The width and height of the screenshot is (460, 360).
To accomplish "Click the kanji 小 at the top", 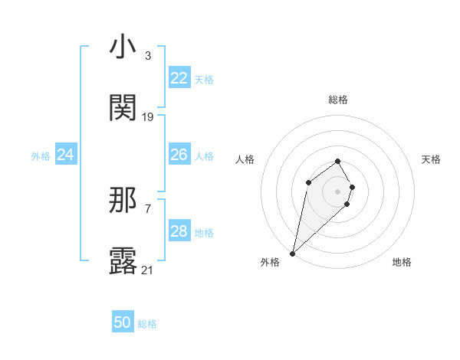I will coord(123,47).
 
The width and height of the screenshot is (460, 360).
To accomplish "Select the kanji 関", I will coord(123,108).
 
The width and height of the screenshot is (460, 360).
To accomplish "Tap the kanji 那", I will coord(123,201).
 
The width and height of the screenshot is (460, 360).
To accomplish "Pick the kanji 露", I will coord(123,261).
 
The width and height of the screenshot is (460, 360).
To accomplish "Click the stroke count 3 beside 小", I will coord(147,56).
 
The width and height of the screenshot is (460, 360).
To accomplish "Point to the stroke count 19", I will coord(148,117).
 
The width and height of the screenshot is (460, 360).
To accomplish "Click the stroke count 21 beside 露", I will coord(148,270).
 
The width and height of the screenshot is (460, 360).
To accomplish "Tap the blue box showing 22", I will coord(179,78).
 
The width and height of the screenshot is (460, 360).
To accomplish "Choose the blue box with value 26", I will coord(179,155).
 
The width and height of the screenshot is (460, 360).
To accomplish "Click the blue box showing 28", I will coord(179,231).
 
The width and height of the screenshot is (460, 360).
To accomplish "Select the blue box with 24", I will coord(66,155).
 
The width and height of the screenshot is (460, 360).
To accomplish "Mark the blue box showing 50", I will coord(123,323).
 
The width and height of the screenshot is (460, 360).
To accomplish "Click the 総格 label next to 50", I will coord(147,324).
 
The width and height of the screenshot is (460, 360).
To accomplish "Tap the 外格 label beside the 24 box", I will coord(41,156).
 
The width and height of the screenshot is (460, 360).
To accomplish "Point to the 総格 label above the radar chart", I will coord(337,100).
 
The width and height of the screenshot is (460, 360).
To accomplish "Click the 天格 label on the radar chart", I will coord(431,159).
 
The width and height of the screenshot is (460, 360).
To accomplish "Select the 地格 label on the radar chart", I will coord(402,262).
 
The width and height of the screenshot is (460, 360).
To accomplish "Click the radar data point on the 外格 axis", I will coord(292,253).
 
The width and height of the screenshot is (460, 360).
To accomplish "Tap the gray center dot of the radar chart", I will coord(337,191).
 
